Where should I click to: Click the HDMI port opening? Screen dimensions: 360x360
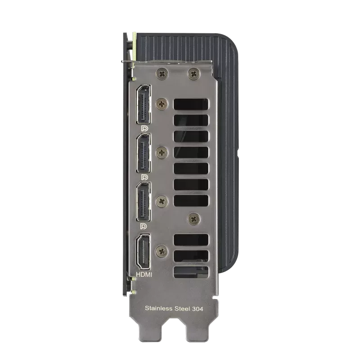[144, 252]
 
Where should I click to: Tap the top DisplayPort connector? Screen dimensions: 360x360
[144, 104]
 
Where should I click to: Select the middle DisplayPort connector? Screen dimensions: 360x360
[144, 153]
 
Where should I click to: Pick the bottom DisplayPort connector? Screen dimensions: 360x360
[144, 202]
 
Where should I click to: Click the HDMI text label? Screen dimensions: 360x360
[144, 274]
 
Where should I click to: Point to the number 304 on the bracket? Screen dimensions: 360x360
[198, 309]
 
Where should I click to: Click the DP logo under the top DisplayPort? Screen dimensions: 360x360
[144, 129]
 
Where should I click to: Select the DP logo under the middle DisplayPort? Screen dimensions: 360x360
[144, 177]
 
